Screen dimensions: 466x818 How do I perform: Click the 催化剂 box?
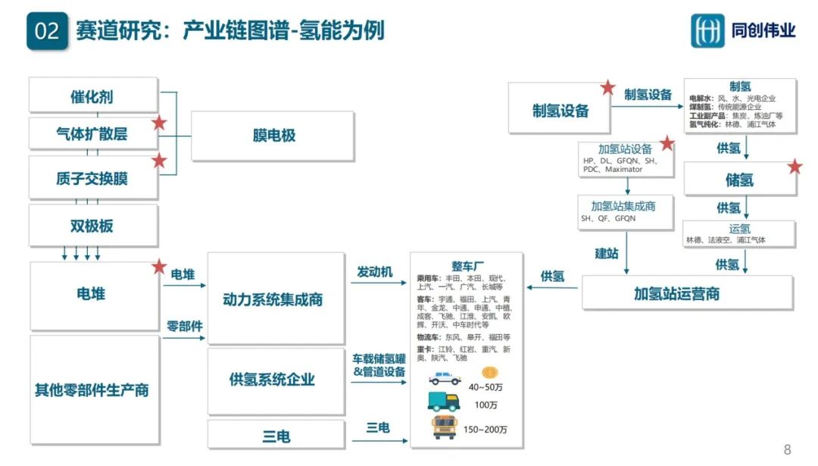(x=92, y=96)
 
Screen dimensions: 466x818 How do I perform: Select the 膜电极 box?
(x=273, y=136)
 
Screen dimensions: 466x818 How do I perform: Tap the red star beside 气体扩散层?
(x=159, y=123)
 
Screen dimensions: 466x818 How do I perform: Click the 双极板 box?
(x=92, y=225)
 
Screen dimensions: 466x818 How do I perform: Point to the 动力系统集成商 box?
(x=273, y=299)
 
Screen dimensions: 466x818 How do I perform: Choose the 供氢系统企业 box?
(x=273, y=380)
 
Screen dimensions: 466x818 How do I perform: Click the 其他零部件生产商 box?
(x=92, y=390)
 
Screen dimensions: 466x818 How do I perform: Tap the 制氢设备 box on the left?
(x=560, y=111)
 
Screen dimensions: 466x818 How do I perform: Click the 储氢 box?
(x=739, y=180)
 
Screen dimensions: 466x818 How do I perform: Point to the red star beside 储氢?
(x=795, y=167)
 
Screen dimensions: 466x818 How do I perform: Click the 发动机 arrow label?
(x=375, y=272)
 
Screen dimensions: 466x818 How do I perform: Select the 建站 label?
(x=606, y=253)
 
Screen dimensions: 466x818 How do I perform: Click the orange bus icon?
(x=445, y=426)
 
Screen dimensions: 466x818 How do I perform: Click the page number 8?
(x=787, y=449)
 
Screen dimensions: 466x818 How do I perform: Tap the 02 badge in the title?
(x=47, y=31)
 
